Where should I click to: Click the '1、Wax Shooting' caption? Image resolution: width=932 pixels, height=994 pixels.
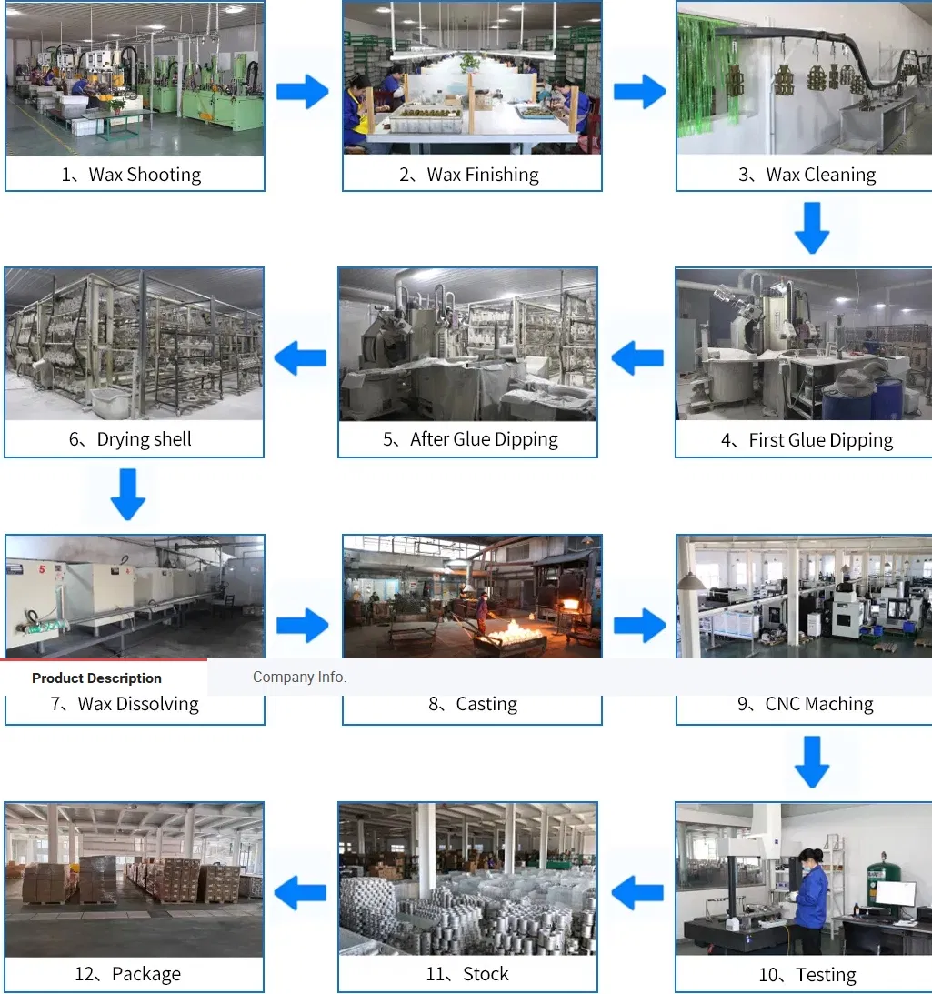(x=131, y=175)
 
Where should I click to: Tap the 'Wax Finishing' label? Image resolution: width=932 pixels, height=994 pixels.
(x=483, y=175)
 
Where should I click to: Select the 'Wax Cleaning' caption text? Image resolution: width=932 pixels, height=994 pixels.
(x=820, y=175)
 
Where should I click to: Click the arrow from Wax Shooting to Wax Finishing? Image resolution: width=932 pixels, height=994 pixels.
(x=303, y=91)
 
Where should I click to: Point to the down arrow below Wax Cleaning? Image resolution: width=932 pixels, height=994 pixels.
(x=812, y=228)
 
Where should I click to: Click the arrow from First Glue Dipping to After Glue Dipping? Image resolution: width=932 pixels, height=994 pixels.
(x=637, y=358)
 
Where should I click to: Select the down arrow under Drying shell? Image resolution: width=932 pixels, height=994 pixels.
(x=128, y=495)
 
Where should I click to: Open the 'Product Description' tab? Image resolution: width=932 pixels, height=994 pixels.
(x=97, y=678)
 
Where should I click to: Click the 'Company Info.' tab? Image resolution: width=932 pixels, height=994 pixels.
(x=299, y=677)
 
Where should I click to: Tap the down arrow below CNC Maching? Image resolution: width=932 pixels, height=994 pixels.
(x=812, y=762)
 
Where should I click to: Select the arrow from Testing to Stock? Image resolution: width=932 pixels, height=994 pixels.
(x=637, y=893)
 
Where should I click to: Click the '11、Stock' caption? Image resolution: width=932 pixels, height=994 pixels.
(x=467, y=974)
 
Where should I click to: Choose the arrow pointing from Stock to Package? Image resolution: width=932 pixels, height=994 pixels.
(x=300, y=893)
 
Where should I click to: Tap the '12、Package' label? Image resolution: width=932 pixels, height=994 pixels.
(x=128, y=974)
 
